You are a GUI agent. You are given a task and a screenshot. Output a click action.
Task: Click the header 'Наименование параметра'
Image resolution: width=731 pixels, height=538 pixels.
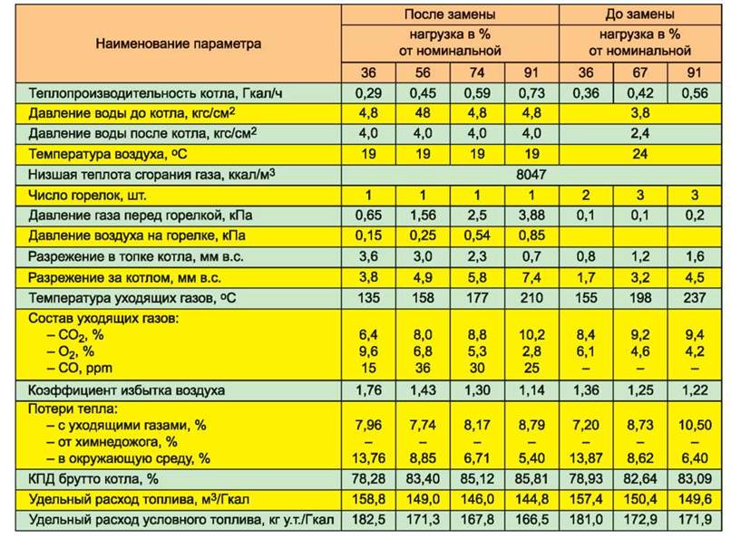point(178,43)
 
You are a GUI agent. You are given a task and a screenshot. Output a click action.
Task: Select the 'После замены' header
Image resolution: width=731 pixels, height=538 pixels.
point(450,14)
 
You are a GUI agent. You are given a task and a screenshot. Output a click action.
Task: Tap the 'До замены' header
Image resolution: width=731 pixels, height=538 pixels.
point(639,14)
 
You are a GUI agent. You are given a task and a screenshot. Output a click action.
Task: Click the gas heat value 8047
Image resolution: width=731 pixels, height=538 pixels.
point(531,175)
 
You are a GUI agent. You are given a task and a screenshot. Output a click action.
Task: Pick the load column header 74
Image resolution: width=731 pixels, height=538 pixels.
point(476,72)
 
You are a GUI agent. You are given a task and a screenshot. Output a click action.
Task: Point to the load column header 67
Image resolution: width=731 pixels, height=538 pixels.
point(639,72)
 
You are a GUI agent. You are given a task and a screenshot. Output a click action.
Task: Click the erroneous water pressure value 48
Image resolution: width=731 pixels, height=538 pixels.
point(423,113)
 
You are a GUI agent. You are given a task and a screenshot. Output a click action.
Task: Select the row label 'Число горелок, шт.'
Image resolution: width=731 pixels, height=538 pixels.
point(87,195)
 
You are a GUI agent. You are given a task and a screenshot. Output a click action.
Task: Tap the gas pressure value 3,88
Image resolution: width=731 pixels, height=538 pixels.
point(531,215)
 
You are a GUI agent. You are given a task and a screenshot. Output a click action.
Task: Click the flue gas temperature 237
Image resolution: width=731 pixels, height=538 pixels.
point(694,297)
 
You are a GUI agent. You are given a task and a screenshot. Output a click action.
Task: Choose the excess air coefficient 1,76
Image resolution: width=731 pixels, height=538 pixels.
point(368,389)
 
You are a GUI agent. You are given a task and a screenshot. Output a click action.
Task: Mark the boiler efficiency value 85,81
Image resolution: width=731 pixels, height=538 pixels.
point(531,478)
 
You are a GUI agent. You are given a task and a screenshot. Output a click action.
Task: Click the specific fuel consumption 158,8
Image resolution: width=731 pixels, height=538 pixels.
point(368,499)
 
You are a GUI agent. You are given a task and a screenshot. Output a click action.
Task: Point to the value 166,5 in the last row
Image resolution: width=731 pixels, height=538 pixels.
point(531,519)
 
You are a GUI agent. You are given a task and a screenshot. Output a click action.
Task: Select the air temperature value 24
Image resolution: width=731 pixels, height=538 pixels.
point(639,154)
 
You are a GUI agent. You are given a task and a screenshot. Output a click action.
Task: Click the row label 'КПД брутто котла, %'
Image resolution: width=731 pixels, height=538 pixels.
point(93,479)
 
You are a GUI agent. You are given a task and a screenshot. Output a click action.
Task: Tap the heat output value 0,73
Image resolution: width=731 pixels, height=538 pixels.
point(531,93)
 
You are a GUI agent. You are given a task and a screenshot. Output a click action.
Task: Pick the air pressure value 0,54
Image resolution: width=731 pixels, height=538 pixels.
point(476,235)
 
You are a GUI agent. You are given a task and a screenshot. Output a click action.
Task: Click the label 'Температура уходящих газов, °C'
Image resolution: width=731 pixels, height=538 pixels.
point(132,298)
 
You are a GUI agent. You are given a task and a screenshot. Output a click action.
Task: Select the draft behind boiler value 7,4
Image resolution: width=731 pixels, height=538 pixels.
point(531,277)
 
